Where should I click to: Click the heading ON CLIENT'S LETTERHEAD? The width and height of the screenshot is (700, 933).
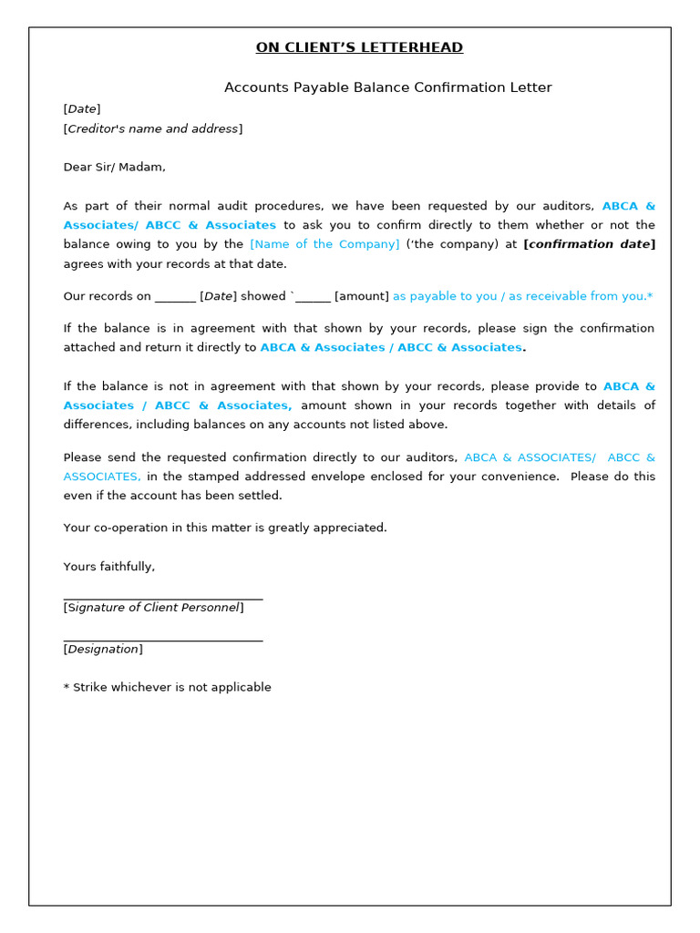pyautogui.click(x=359, y=47)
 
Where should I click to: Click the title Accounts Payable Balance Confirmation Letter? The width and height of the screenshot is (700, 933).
pyautogui.click(x=388, y=87)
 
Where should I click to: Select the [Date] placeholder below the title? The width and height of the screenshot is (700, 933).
pyautogui.click(x=82, y=109)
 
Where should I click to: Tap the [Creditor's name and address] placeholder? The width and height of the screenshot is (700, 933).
pyautogui.click(x=153, y=128)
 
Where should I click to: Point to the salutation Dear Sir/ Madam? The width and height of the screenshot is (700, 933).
pyautogui.click(x=114, y=167)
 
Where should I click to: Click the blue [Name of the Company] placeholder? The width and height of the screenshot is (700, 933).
pyautogui.click(x=324, y=244)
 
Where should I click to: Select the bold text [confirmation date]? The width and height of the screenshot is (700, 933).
pyautogui.click(x=589, y=244)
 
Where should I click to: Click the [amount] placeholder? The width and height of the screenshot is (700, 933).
pyautogui.click(x=362, y=296)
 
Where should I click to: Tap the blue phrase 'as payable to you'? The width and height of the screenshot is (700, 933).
pyautogui.click(x=446, y=296)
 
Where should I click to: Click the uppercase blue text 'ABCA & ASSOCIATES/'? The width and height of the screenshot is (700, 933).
pyautogui.click(x=530, y=457)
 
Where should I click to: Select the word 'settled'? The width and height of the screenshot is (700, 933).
pyautogui.click(x=262, y=496)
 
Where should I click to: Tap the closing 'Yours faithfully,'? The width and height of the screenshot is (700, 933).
pyautogui.click(x=109, y=567)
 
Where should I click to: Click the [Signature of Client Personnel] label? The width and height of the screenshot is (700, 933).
pyautogui.click(x=153, y=608)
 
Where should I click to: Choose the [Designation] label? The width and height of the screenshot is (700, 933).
pyautogui.click(x=103, y=650)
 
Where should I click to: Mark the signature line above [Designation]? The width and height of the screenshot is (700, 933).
pyautogui.click(x=163, y=641)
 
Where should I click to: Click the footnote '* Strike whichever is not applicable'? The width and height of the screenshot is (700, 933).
pyautogui.click(x=167, y=687)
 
